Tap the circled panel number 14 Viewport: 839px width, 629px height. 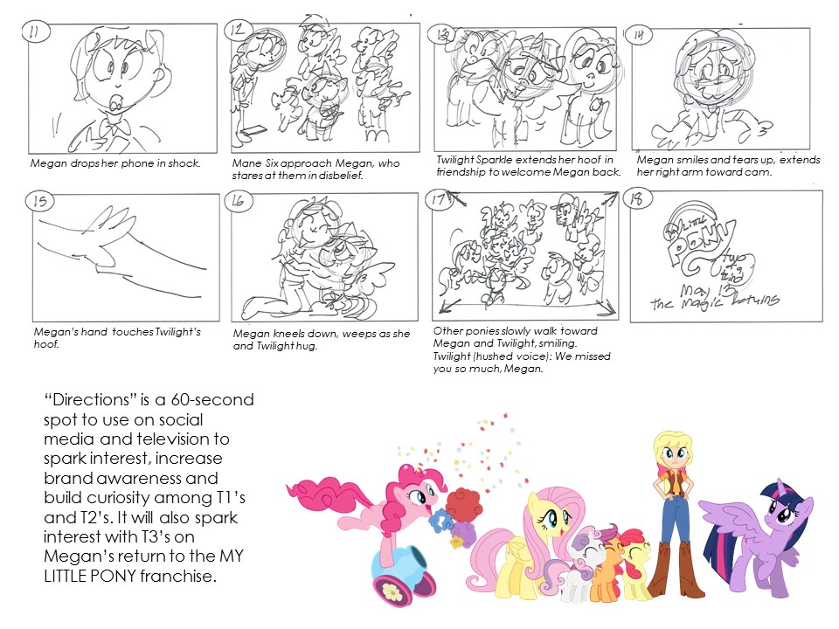642,35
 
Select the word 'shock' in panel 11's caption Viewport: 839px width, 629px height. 184,163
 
